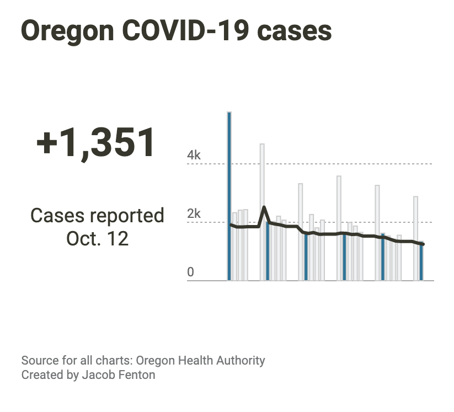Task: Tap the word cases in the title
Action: (x=296, y=31)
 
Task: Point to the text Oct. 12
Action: (x=97, y=238)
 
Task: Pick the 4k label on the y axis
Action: (x=194, y=156)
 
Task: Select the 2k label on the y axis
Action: (x=194, y=214)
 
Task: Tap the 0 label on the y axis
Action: (x=190, y=272)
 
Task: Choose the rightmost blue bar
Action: (x=421, y=263)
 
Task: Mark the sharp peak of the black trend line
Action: (x=264, y=208)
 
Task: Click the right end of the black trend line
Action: (x=423, y=244)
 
